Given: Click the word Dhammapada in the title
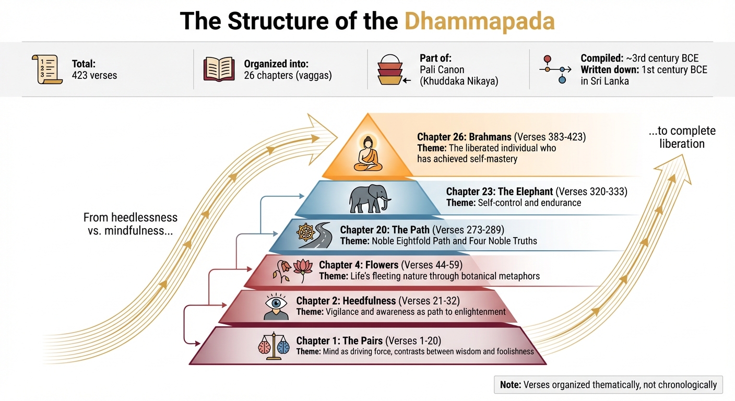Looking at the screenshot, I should pos(479,21).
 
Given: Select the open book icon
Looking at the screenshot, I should pos(219,69).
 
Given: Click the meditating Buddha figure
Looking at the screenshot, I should pos(368,155).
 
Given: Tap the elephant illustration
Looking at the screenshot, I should pos(370,199).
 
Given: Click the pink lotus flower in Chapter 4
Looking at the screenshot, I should pos(303,269).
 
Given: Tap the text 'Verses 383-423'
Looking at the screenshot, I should pos(550,137).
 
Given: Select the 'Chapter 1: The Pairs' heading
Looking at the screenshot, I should pos(339,341).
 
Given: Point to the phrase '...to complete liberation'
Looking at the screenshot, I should pos(682,137).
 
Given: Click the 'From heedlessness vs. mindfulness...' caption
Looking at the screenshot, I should pos(131,223).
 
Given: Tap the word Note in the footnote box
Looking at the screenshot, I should pos(510,385).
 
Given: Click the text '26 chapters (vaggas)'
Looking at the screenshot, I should pos(288,75).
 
